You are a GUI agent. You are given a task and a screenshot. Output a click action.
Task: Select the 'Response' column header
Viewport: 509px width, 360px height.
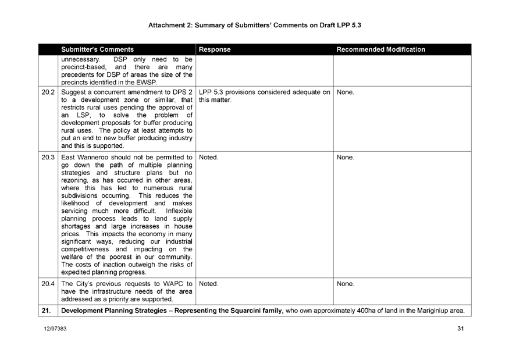215,50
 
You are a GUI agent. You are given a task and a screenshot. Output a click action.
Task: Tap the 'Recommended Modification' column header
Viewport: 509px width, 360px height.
381,50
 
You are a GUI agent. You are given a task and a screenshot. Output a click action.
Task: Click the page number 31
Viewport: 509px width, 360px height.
461,329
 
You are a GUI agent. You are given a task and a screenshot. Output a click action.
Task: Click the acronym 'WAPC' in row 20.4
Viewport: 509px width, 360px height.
168,284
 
